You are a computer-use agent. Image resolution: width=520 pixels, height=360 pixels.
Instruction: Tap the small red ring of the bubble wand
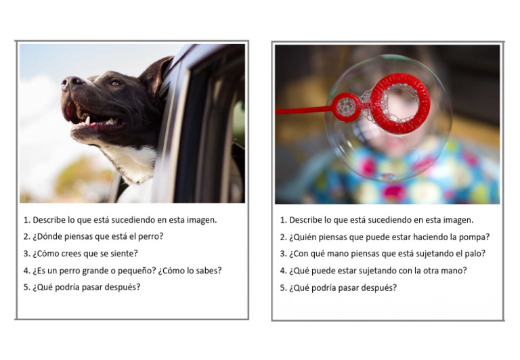coord(346,107)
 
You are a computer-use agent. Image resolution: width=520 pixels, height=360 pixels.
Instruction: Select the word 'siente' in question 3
coord(124,253)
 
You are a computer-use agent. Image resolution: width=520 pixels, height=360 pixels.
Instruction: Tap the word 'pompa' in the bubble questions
coord(476,237)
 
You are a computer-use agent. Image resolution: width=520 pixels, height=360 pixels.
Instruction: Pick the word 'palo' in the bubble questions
coord(475,253)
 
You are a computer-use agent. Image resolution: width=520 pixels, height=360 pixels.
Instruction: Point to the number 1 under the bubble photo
coord(283,220)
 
